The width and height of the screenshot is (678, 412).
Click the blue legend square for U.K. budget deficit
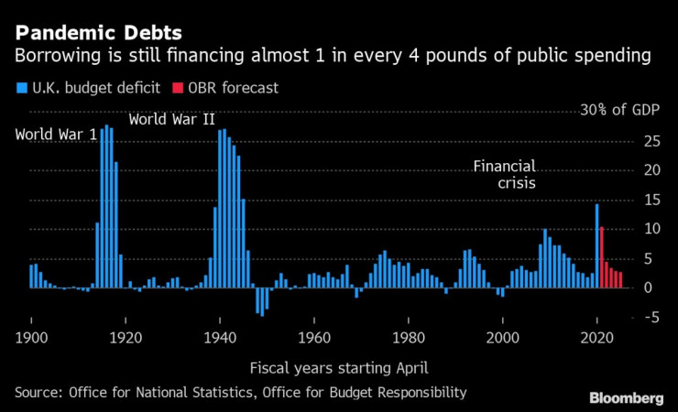[20, 89]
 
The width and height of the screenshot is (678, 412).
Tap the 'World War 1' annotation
[56, 136]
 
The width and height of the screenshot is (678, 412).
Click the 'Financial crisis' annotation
[504, 174]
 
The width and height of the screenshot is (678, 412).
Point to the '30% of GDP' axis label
[618, 111]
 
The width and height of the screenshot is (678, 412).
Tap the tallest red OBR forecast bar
[601, 257]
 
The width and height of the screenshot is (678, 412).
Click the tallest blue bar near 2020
[596, 245]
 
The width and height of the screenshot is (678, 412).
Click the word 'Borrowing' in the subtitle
[56, 56]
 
